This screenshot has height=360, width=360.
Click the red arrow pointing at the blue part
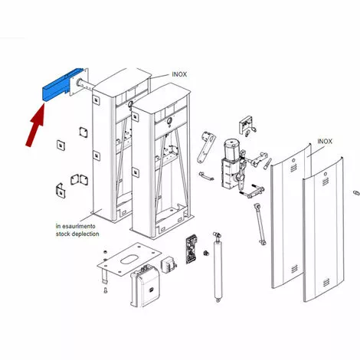[36, 125]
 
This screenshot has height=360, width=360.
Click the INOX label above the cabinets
[179, 74]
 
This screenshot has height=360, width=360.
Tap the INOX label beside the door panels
[325, 142]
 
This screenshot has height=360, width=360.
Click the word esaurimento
[79, 226]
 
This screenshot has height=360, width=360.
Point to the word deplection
[85, 234]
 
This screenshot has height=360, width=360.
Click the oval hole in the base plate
[129, 259]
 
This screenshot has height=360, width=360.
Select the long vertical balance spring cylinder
[218, 267]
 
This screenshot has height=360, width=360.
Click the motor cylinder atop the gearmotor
[232, 149]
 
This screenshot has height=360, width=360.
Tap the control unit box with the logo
[145, 286]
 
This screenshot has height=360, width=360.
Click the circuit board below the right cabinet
[191, 250]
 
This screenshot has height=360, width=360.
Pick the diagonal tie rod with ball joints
[260, 224]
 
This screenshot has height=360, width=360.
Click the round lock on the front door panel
[326, 174]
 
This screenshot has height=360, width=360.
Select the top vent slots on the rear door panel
[293, 167]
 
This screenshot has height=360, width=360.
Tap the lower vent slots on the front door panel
[326, 283]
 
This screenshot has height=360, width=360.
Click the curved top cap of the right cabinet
[162, 97]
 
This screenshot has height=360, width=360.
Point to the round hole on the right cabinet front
[169, 120]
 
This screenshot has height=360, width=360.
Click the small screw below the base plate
[106, 290]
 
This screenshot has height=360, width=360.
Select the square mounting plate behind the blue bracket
[79, 82]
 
